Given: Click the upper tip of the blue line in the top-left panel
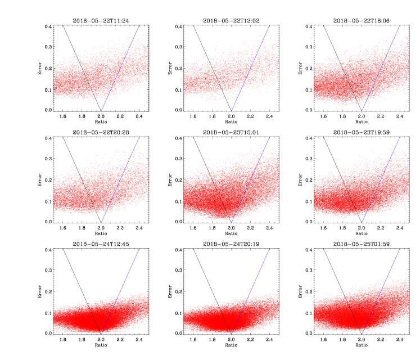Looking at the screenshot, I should tap(139, 25).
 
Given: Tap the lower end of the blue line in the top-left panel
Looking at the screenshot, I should tap(101, 111).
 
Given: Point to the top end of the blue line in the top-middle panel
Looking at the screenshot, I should tap(269, 25).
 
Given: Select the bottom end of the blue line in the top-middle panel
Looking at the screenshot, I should tap(232, 111).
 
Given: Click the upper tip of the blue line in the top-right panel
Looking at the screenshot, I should tap(400, 25).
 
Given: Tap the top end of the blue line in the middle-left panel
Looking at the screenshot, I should tap(139, 137).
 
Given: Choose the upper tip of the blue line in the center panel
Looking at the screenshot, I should tap(269, 137).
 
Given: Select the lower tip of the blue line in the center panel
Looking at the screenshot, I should tap(232, 222).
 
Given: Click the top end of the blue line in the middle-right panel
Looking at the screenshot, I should tap(400, 137).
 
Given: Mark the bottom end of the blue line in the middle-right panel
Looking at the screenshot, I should tap(362, 222).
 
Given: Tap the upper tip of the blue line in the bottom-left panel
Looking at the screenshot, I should tap(139, 249).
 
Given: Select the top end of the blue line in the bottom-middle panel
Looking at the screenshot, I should tap(269, 249).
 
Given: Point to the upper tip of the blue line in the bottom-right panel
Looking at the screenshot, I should tap(400, 249).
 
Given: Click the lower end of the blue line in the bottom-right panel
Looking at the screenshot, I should tap(362, 334).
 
